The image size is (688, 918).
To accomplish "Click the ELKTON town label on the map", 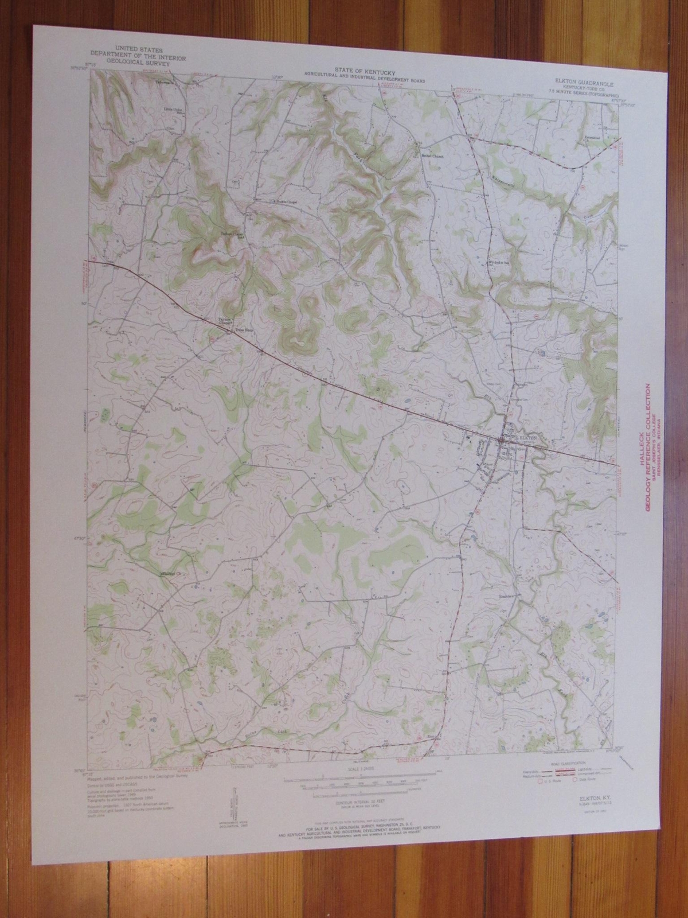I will point(526,437).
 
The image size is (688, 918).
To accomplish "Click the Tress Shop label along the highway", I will point(236,331).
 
